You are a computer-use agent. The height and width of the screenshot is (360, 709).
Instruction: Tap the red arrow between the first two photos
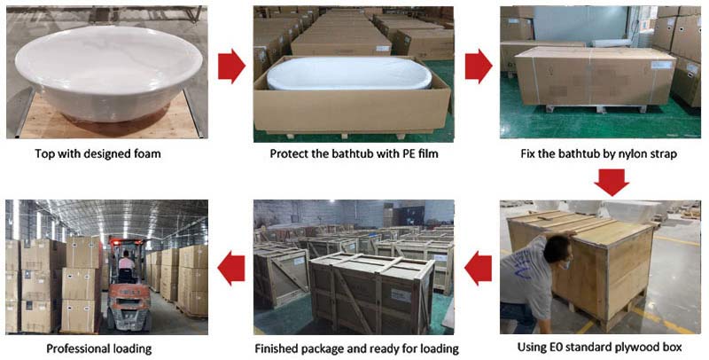231,67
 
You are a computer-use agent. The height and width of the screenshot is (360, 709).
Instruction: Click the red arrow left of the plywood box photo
479,267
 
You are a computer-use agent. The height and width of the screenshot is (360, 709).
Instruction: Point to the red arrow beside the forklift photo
231,267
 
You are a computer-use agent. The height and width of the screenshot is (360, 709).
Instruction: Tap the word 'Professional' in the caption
79,348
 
